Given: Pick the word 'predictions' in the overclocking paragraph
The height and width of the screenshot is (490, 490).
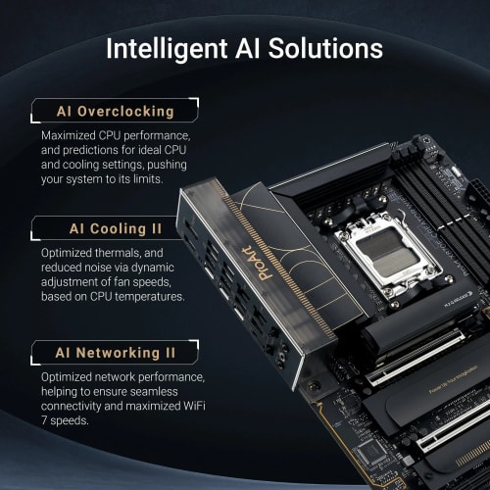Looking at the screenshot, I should pyautogui.click(x=77, y=149).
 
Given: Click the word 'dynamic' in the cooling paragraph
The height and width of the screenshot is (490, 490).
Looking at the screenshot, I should pyautogui.click(x=171, y=269).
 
